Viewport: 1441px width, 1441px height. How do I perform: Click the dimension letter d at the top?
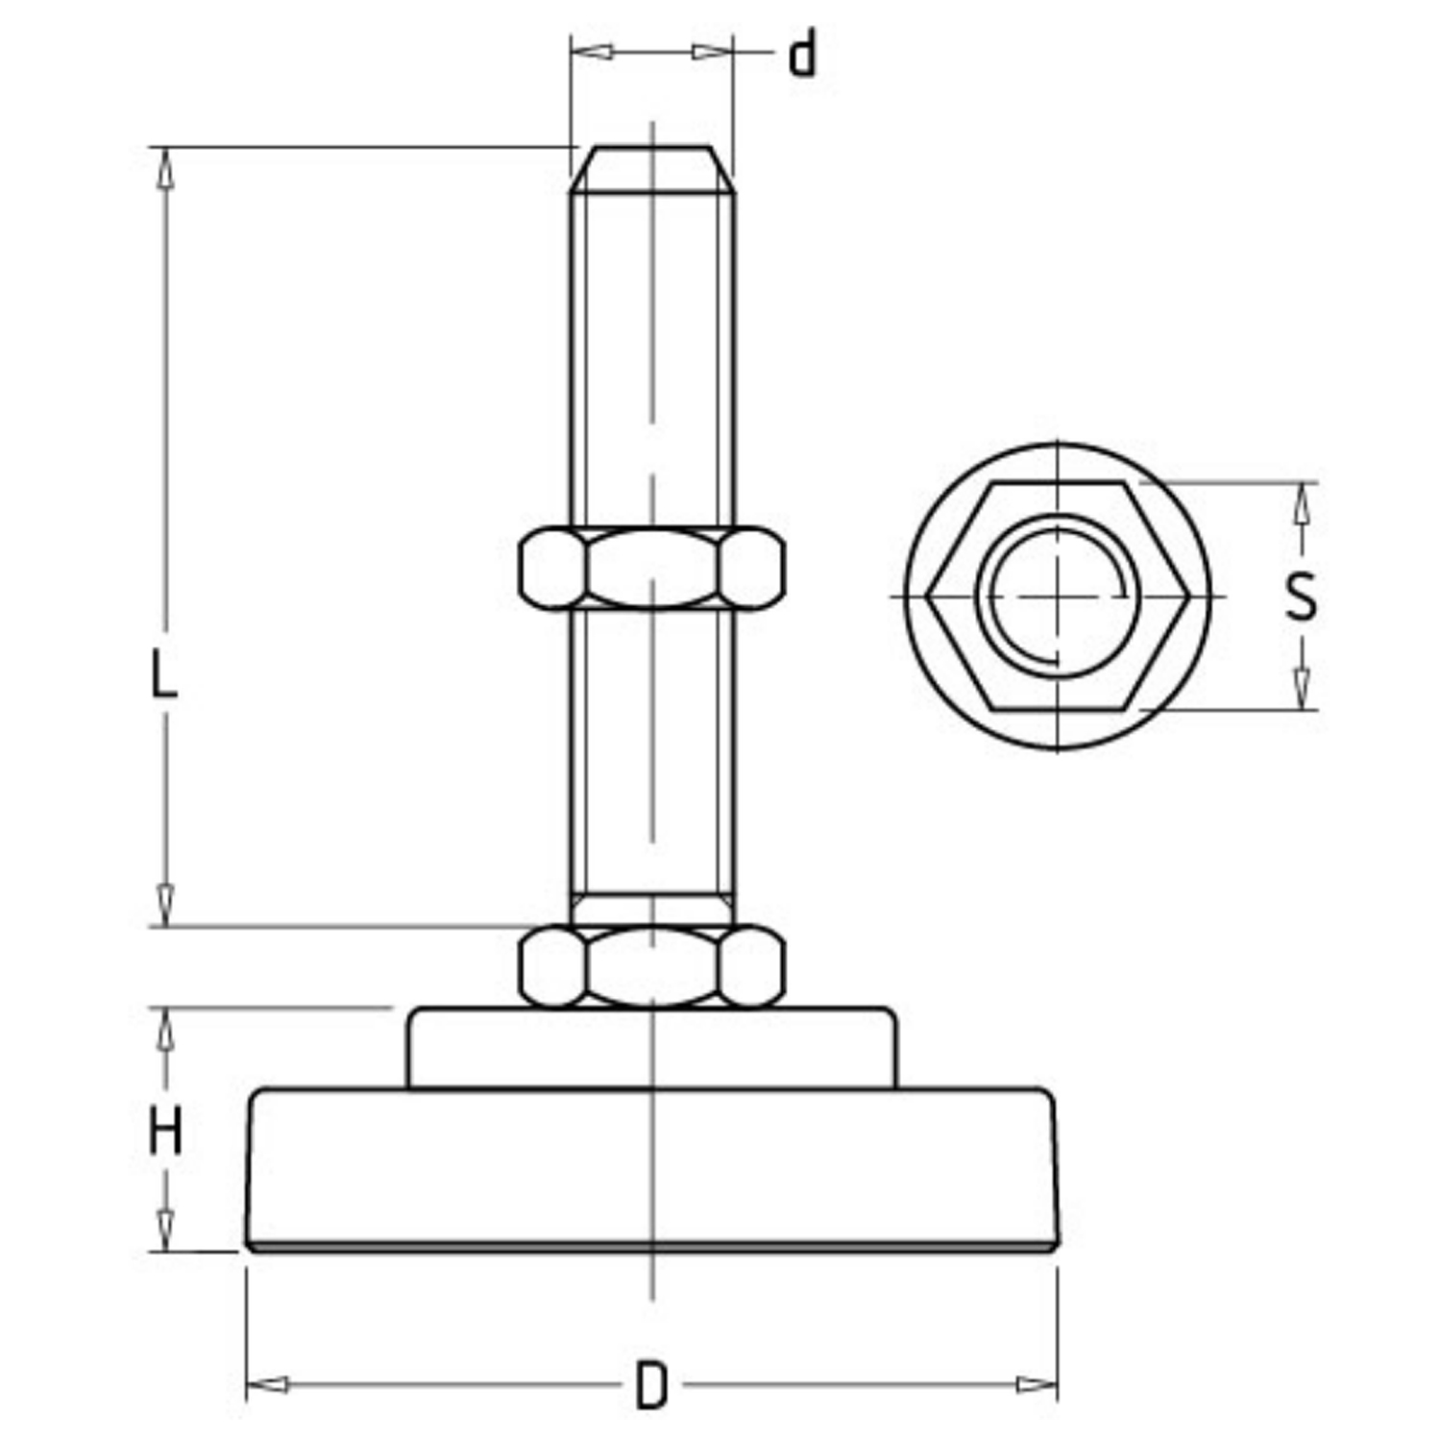click(x=802, y=54)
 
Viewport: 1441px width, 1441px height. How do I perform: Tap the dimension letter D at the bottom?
click(x=651, y=1385)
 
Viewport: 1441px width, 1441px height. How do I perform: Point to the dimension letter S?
click(x=1301, y=597)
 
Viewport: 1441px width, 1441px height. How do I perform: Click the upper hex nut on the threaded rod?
click(x=651, y=568)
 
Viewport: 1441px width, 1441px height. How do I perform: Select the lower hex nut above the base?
click(x=651, y=966)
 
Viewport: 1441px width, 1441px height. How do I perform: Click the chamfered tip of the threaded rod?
click(x=652, y=169)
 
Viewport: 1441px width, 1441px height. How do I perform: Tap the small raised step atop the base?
click(x=652, y=1048)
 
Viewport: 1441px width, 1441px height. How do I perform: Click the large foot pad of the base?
click(x=652, y=1170)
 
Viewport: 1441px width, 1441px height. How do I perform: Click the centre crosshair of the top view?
click(x=1059, y=596)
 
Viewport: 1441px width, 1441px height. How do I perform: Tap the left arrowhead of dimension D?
click(x=267, y=1384)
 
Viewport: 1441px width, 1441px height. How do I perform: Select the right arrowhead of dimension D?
click(x=1037, y=1384)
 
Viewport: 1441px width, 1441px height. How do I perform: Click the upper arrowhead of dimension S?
click(x=1302, y=502)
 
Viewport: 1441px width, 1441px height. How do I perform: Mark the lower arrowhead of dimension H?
click(x=166, y=1230)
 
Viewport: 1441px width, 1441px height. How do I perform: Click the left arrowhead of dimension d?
click(x=592, y=51)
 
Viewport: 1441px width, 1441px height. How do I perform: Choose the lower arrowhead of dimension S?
click(x=1302, y=689)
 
